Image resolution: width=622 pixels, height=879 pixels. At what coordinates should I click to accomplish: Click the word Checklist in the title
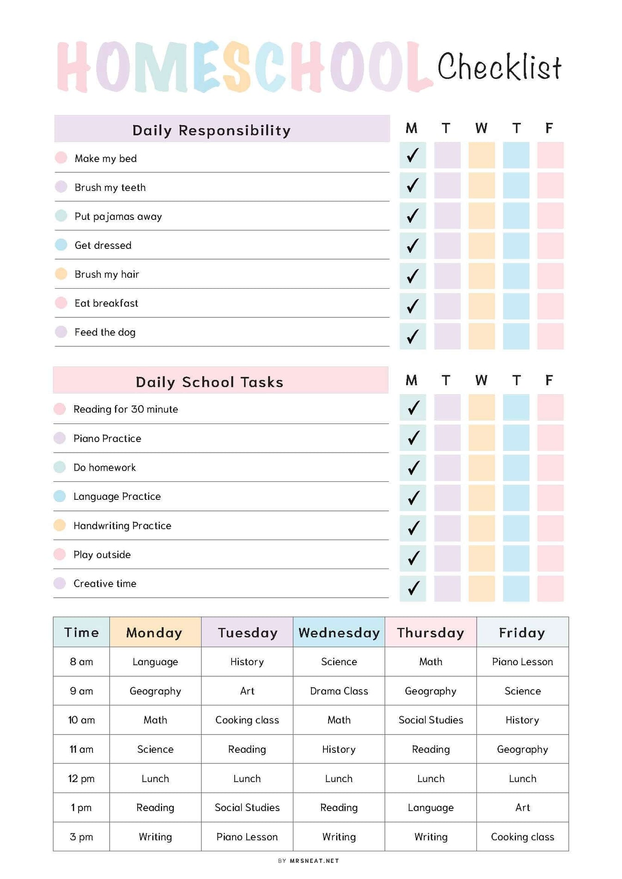[499, 67]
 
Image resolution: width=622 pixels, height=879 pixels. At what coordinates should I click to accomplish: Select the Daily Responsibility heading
[212, 130]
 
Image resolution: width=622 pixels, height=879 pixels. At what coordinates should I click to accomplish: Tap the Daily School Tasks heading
[209, 382]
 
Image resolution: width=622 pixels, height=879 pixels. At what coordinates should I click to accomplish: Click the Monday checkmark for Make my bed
[413, 155]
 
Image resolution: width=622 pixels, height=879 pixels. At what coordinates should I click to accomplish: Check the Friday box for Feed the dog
[550, 336]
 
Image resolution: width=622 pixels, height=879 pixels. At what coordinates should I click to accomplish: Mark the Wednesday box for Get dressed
[482, 245]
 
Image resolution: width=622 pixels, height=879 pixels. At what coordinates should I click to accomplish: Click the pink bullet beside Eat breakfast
[61, 303]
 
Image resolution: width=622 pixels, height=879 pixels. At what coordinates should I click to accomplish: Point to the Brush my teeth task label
[110, 188]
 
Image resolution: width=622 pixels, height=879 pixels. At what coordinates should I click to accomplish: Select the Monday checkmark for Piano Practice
[413, 437]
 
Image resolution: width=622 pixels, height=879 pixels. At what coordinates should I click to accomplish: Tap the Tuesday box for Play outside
[447, 558]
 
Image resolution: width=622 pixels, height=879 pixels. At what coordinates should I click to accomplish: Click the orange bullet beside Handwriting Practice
[60, 525]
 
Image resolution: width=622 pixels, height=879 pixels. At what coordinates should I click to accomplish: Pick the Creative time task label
[105, 583]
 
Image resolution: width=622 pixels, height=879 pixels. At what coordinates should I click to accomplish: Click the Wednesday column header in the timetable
[339, 632]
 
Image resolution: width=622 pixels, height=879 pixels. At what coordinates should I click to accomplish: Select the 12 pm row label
[81, 778]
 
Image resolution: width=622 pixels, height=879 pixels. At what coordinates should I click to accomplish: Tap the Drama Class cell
[339, 691]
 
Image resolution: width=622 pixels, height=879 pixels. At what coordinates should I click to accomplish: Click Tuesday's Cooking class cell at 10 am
[247, 720]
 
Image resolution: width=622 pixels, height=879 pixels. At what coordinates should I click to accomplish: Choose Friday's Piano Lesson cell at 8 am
[522, 662]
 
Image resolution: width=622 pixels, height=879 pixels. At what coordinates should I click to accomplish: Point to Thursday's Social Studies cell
[431, 720]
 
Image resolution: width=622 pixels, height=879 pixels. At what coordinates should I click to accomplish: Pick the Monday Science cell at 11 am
[155, 749]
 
